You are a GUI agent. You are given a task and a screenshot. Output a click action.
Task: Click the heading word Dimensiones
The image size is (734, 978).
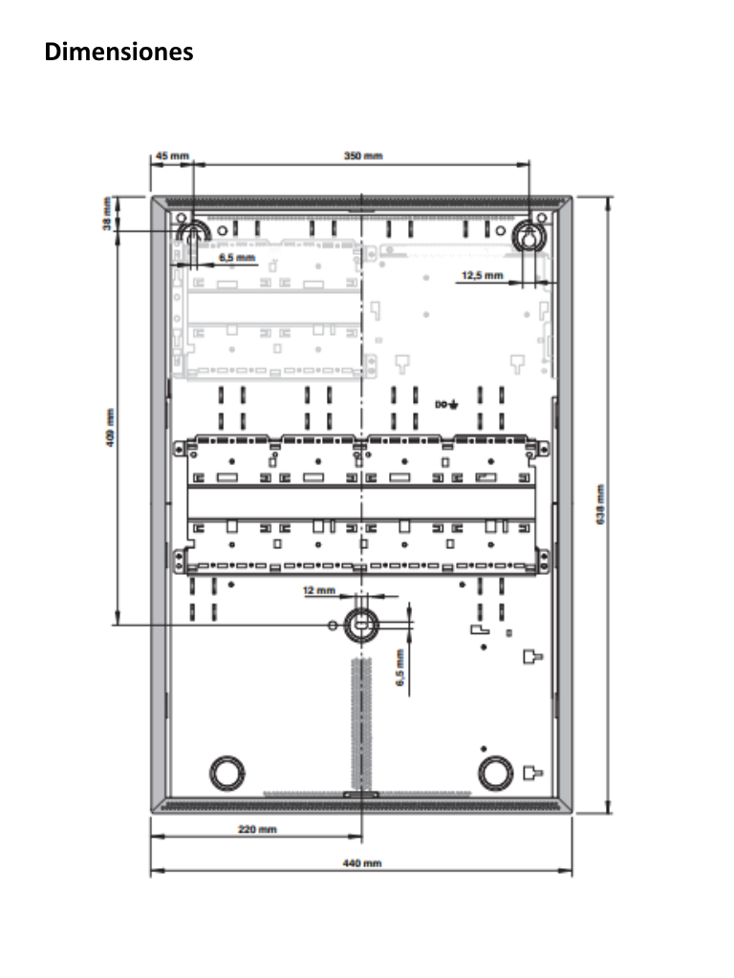pyautogui.click(x=119, y=52)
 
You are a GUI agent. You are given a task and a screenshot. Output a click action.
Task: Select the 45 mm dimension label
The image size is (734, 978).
pyautogui.click(x=171, y=155)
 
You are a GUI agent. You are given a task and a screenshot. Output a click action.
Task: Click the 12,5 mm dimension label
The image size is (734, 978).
pyautogui.click(x=482, y=275)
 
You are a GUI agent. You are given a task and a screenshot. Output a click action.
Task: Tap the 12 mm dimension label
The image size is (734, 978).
pyautogui.click(x=319, y=591)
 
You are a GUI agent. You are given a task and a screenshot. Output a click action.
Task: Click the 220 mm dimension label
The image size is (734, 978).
pyautogui.click(x=257, y=829)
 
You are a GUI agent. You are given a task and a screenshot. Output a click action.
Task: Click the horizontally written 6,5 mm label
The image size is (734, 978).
pyautogui.click(x=236, y=258)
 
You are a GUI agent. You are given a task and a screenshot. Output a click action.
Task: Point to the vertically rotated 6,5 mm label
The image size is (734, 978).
pyautogui.click(x=401, y=666)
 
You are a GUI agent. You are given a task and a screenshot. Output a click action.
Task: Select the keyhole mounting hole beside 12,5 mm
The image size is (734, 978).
pyautogui.click(x=529, y=237)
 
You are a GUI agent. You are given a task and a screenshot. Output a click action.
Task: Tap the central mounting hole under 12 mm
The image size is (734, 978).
pyautogui.click(x=361, y=624)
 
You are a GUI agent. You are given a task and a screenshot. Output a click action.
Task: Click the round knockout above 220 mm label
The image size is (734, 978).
pyautogui.click(x=227, y=771)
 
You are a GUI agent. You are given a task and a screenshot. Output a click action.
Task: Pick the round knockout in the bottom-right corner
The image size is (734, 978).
pyautogui.click(x=496, y=772)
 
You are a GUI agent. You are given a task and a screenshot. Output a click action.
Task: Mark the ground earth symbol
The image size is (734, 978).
pyautogui.click(x=452, y=405)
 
